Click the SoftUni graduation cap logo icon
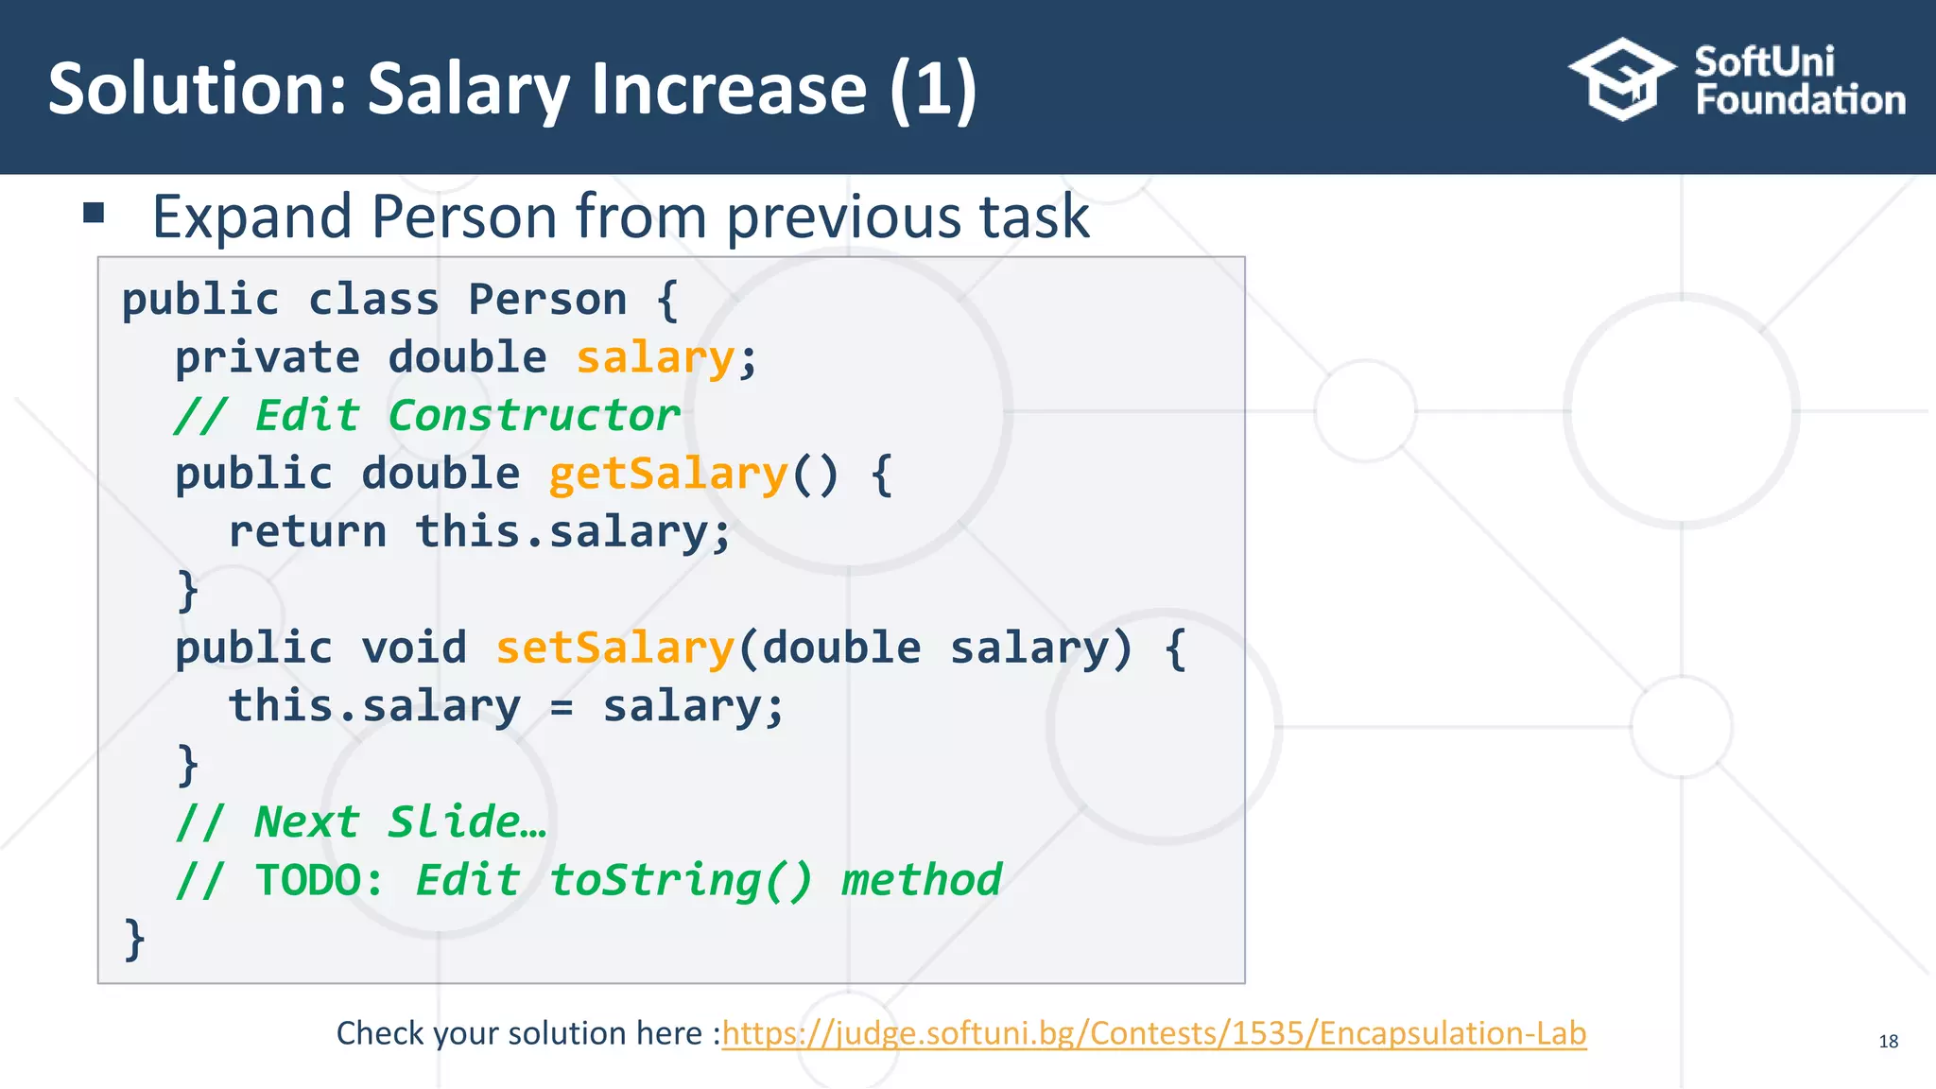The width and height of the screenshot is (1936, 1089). tap(1622, 79)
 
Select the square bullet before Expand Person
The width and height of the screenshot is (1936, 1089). tap(94, 213)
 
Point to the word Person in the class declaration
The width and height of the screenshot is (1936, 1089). tap(547, 300)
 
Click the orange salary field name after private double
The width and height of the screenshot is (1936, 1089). tap(655, 358)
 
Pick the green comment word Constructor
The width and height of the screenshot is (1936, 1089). tap(534, 416)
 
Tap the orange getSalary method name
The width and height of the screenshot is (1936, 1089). tap(668, 474)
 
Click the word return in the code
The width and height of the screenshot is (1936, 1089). tap(308, 532)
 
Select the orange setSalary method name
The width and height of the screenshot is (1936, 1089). tap(615, 648)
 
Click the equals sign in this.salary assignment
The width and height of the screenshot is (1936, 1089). tap(562, 708)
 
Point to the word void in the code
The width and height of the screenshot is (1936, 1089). tap(414, 648)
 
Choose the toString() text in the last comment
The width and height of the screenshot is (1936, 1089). tap(681, 881)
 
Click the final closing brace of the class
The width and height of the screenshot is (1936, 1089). tap(135, 939)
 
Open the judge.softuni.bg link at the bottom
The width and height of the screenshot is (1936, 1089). tap(1154, 1033)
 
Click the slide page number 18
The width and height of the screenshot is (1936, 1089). tap(1888, 1042)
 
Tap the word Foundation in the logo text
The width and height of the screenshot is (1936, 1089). tap(1800, 100)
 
